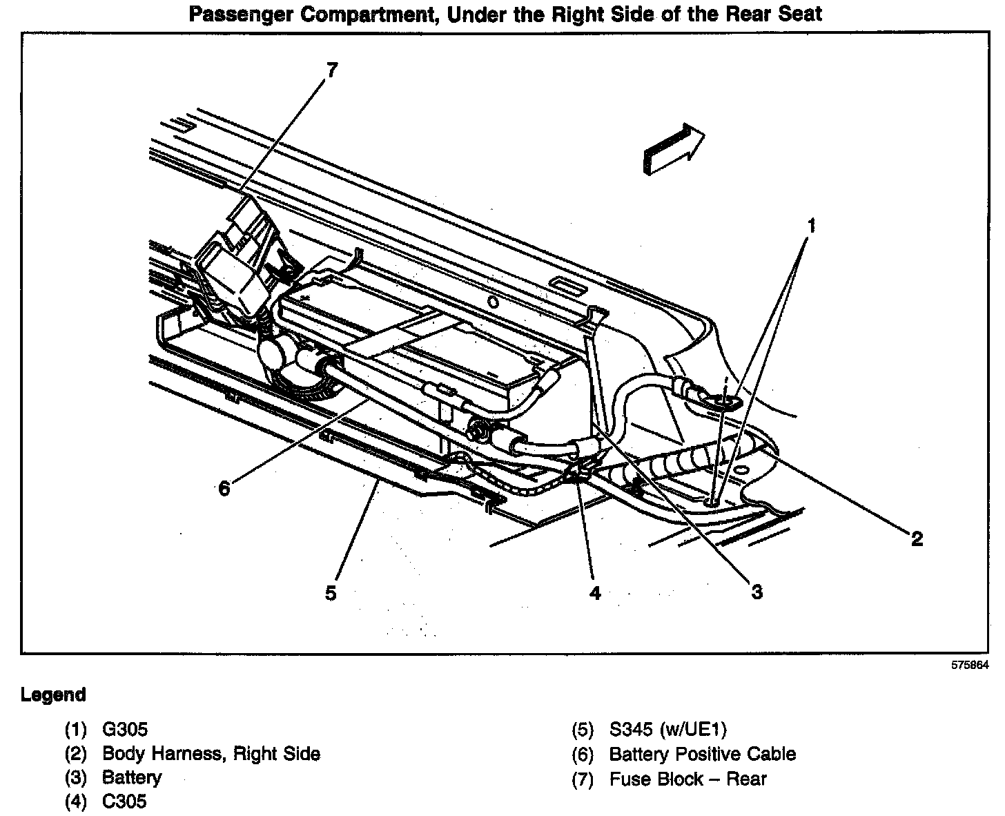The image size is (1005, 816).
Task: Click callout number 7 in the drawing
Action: (332, 70)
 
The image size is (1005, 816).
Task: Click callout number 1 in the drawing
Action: (812, 226)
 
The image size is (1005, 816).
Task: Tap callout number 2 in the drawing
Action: (917, 539)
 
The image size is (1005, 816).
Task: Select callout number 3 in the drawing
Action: (757, 592)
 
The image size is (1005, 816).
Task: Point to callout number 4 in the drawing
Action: (595, 593)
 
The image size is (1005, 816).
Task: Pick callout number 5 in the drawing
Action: (331, 593)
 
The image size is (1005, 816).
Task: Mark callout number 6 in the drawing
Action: (224, 489)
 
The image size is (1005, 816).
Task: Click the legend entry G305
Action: (125, 729)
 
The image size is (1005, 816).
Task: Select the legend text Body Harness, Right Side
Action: (211, 753)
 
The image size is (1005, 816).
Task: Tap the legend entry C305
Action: (124, 802)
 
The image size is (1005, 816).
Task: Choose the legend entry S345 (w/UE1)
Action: (668, 729)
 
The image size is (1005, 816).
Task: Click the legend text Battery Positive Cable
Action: (702, 754)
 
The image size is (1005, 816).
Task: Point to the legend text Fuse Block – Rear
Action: (687, 779)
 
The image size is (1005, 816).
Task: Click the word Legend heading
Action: (53, 694)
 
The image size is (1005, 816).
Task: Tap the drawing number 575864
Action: (970, 666)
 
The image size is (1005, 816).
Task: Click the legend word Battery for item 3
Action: (132, 777)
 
